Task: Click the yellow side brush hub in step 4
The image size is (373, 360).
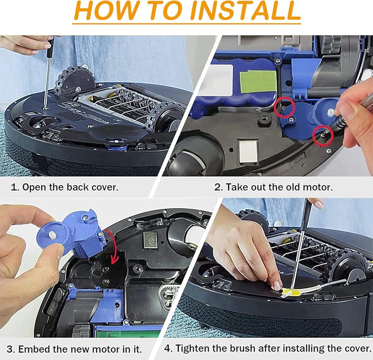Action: click(288, 292)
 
